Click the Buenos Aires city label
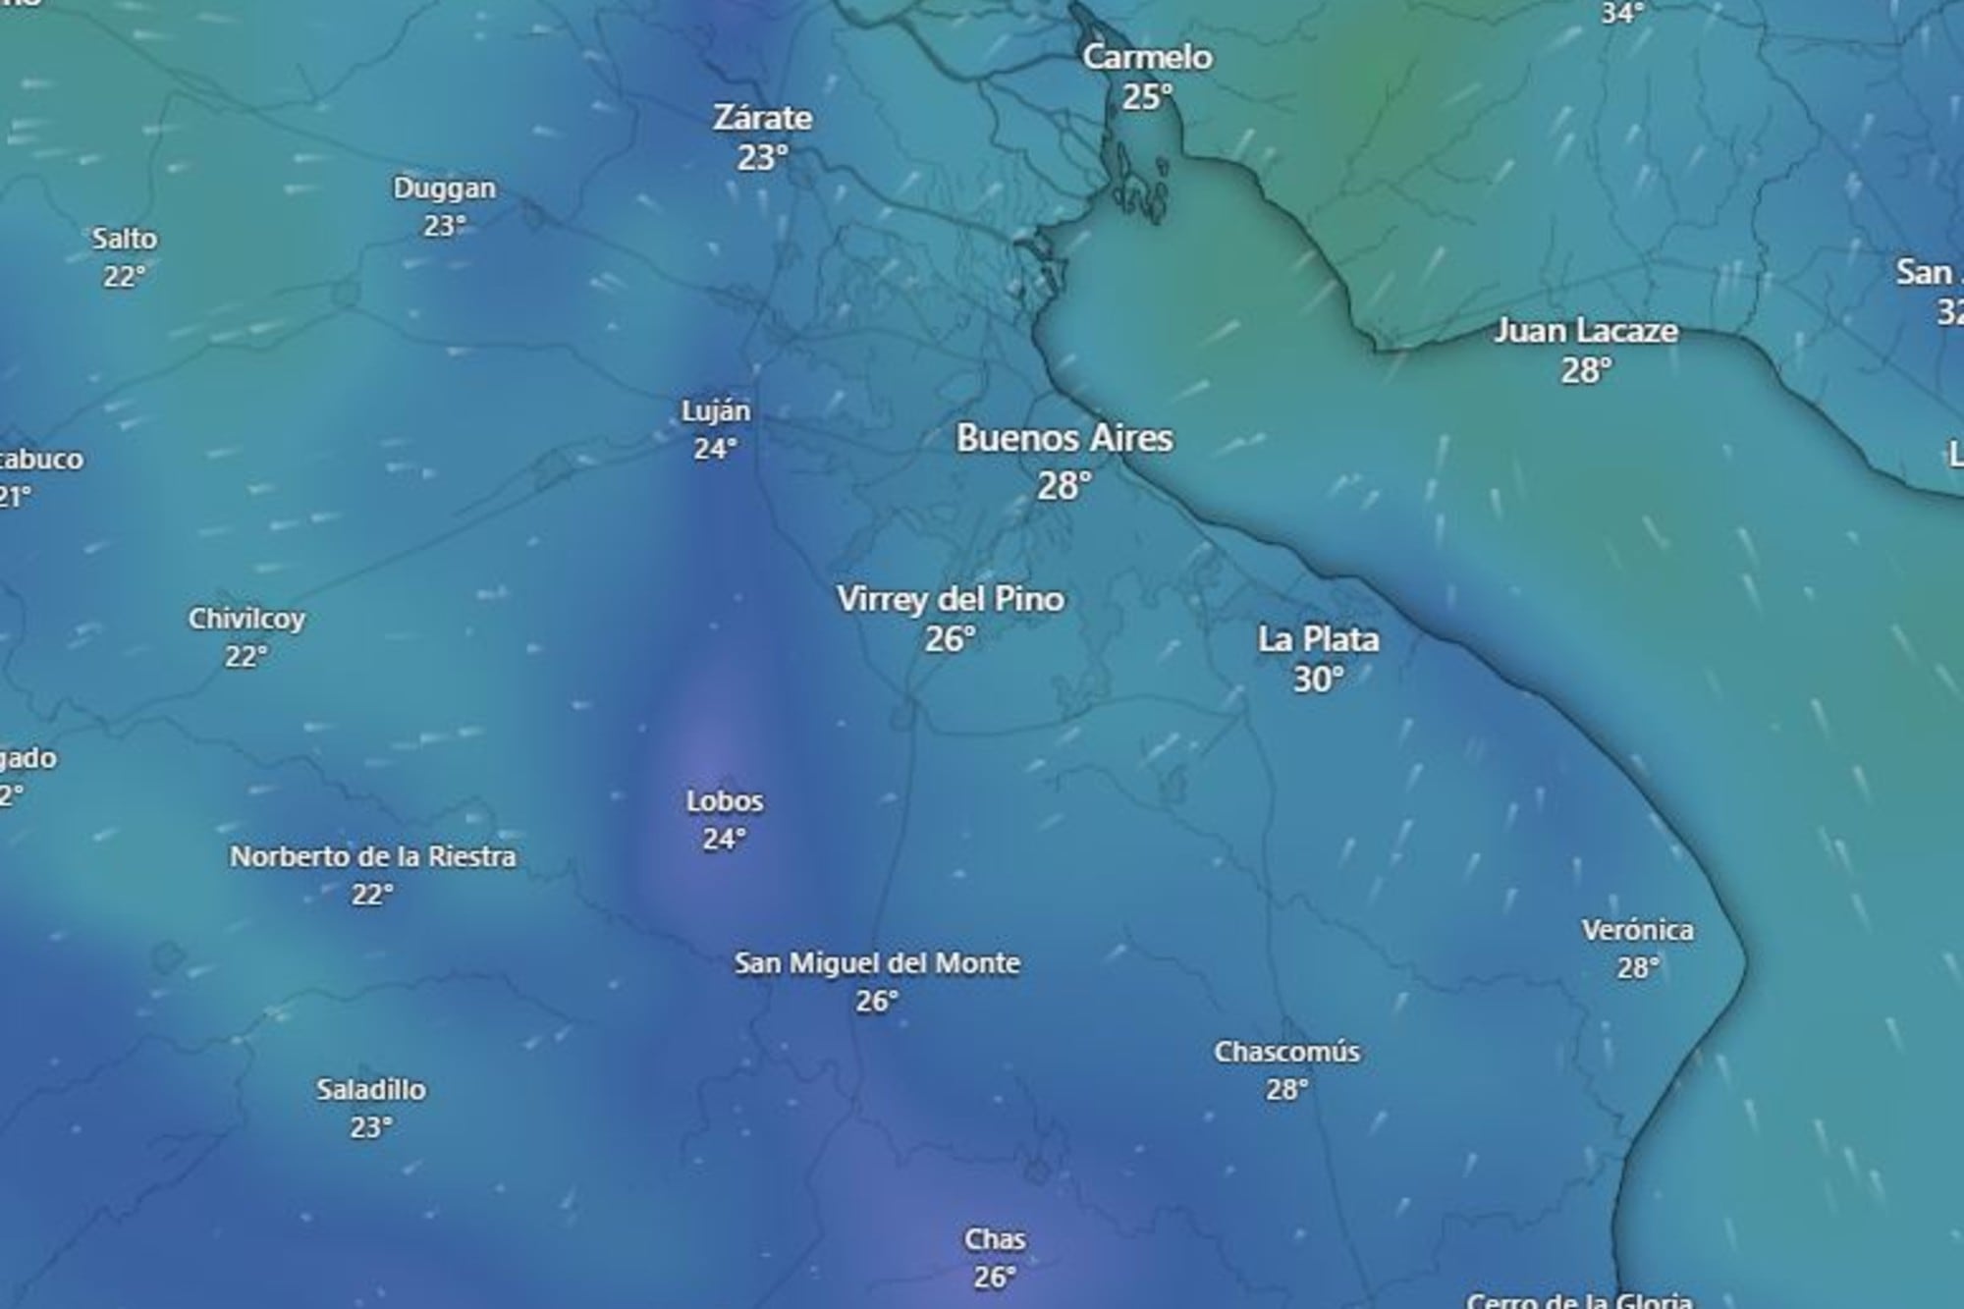point(1064,439)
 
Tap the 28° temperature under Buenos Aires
point(1064,485)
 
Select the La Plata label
point(1318,640)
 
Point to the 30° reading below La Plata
point(1318,680)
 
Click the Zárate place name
point(763,119)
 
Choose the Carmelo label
point(1147,58)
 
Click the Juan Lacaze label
point(1586,331)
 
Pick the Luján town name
point(716,411)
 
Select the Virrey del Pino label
point(951,599)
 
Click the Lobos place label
point(725,802)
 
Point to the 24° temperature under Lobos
point(725,840)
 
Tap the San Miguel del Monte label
point(877,963)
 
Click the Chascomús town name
point(1286,1052)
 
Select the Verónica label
point(1637,930)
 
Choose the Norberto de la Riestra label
point(372,857)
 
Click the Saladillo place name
point(371,1090)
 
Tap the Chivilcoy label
point(246,620)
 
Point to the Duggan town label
point(444,189)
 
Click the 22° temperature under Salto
point(125,277)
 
